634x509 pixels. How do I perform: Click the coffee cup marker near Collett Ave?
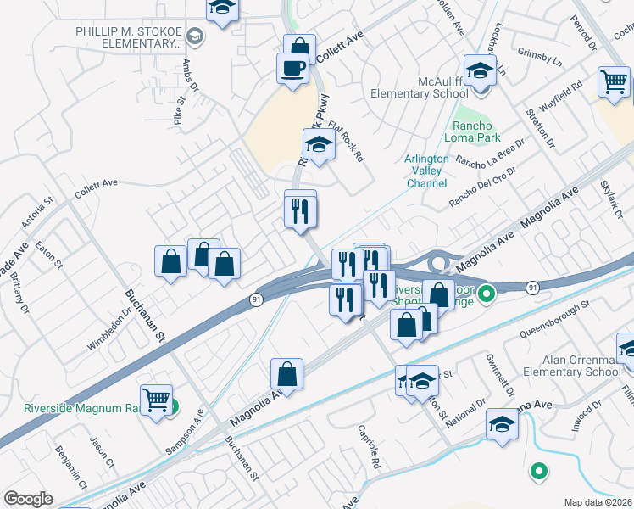[292, 68]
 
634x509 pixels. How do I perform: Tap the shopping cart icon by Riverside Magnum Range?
[156, 400]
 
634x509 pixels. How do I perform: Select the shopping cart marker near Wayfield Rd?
[614, 82]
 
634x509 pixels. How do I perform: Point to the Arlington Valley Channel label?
[426, 171]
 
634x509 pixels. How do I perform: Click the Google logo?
[28, 499]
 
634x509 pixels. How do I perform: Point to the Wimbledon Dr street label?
[109, 330]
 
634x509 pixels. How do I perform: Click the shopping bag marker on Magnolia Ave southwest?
[287, 374]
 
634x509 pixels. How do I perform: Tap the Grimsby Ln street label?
[539, 58]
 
